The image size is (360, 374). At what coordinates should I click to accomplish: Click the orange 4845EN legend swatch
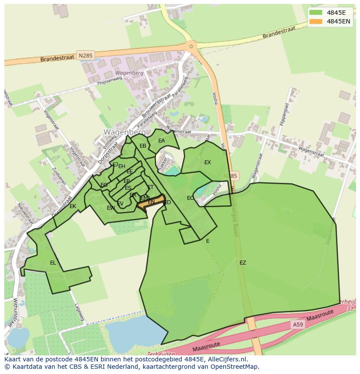coord(316,21)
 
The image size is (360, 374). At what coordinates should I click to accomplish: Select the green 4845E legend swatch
coord(316,12)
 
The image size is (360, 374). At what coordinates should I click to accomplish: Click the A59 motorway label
coord(298,324)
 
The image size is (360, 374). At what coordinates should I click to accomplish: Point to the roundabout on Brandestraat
coord(190,46)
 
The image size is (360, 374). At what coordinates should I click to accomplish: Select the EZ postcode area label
coord(243,262)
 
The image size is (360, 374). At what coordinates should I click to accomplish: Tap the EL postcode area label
coord(53,262)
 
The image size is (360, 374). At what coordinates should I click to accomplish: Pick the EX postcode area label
coord(207,162)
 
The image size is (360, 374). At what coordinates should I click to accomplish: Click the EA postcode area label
coord(161,141)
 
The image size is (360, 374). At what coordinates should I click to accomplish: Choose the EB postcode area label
coord(143,146)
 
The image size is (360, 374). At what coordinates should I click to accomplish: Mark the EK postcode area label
coord(73,206)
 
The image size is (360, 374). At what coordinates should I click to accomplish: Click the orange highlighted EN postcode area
coord(151,202)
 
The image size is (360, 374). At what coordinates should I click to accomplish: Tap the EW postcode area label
coord(111,208)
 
